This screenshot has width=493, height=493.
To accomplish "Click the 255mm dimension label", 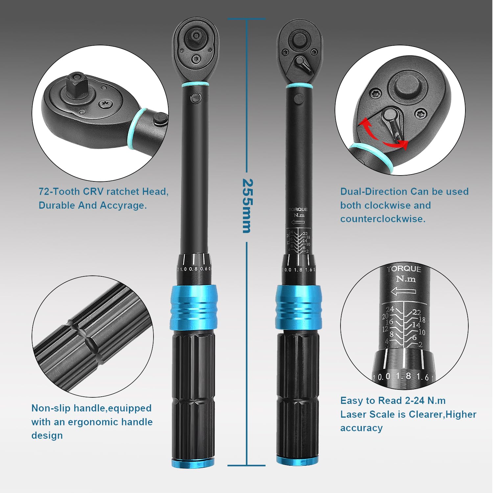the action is click(247, 206).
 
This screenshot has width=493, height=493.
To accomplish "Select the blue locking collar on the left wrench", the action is click(194, 307).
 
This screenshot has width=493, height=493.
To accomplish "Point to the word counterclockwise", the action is click(383, 219).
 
